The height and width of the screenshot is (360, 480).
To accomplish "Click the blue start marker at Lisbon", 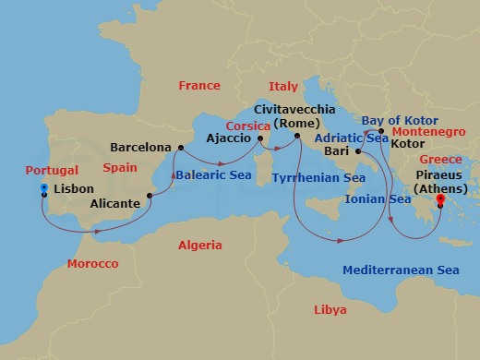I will pos(43,191).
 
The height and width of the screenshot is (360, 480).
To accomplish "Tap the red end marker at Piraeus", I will pos(440,200).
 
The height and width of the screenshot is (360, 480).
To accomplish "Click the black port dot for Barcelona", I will pos(180,147).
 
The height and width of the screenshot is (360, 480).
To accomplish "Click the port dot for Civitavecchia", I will pos(297,138).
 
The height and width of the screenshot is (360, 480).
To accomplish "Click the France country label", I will pos(199,86).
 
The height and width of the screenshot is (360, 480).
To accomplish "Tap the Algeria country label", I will pos(199,246).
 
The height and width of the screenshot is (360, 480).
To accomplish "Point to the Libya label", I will pos(331,309).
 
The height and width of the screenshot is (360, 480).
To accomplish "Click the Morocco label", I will pos(92,264).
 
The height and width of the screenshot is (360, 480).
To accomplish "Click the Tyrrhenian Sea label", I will pos(319,176).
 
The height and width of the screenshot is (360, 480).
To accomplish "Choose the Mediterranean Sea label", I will pos(401,270).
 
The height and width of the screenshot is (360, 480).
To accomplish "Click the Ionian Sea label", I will pos(378,198).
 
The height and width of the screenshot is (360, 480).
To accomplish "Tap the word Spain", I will pos(120,169).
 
